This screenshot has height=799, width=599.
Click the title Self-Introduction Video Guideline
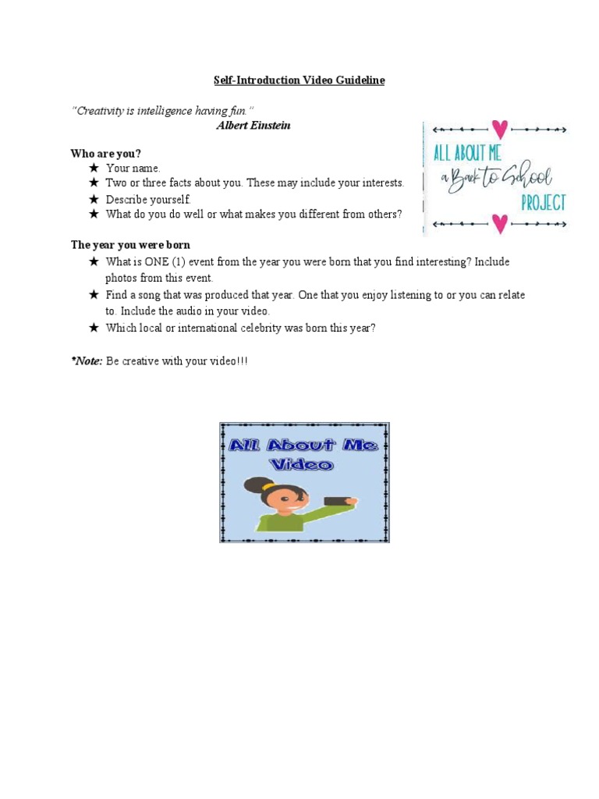tap(299, 80)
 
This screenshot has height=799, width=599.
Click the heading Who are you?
tap(106, 153)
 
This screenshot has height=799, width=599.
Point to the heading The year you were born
tap(130, 245)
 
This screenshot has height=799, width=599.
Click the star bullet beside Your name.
tap(94, 168)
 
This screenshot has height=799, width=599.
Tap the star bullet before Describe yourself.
tap(94, 199)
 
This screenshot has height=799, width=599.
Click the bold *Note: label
tap(87, 362)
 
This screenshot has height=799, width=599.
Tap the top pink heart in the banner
tap(500, 128)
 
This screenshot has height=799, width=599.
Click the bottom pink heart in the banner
tap(499, 225)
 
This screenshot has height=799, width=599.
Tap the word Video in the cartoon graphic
tap(303, 465)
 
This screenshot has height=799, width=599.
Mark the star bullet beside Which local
tap(94, 328)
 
